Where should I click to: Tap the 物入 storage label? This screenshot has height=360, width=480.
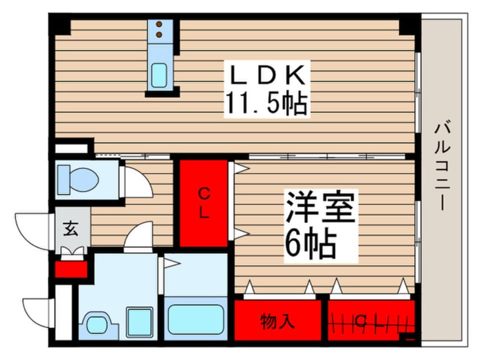point(277,322)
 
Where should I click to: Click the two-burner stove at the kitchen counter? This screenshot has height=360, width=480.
point(161,30)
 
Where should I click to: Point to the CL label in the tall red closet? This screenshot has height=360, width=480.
point(204,204)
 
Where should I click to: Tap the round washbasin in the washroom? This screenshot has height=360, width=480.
point(101,325)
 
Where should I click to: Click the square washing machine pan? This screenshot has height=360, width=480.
point(140,322)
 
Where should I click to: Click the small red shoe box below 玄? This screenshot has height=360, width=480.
point(71,269)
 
